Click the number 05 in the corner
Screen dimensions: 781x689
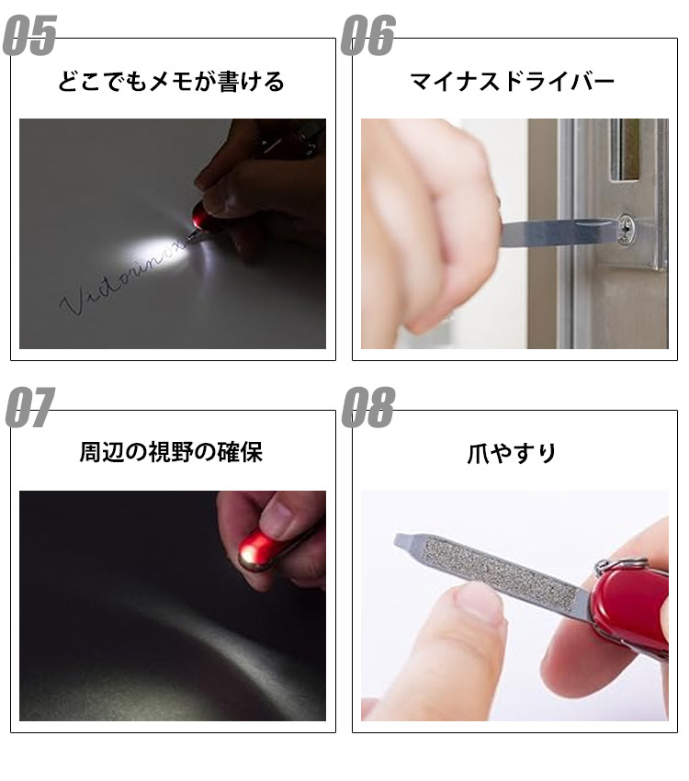click(30, 37)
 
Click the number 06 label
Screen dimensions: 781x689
click(368, 37)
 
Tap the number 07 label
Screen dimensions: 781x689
click(30, 408)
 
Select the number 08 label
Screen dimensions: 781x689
click(368, 408)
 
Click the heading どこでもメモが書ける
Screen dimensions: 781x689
click(172, 83)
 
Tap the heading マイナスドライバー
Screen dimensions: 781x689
click(512, 83)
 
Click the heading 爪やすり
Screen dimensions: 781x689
click(512, 454)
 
